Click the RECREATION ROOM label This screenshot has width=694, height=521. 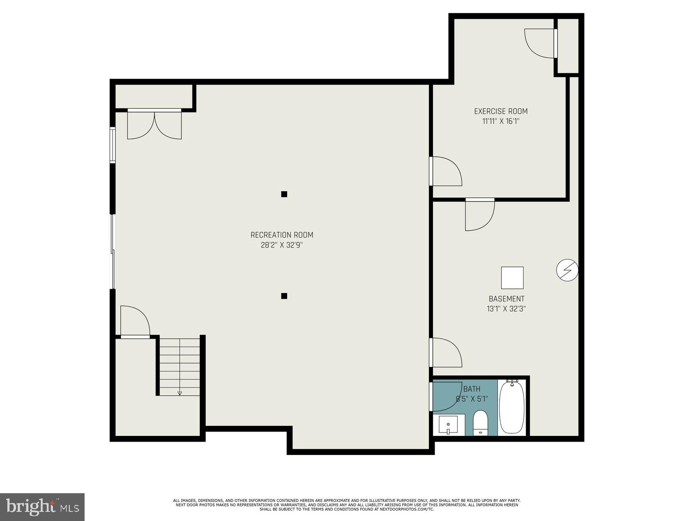pos(282,235)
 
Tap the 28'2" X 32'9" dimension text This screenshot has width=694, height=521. pos(282,245)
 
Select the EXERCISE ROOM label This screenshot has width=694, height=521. pos(501,111)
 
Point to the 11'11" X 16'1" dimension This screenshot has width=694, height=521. pos(501,122)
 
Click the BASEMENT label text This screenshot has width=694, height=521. pos(506,299)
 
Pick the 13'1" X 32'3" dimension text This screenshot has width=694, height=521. pos(506,309)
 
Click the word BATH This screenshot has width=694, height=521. pos(471,389)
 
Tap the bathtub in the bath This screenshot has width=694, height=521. pos(512,407)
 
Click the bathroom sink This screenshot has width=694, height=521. pos(448,425)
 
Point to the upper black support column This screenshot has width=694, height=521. pos(284,194)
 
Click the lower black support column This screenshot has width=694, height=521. pos(284,296)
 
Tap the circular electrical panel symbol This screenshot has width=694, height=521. pos(567,270)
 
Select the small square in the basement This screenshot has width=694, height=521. pos(512,278)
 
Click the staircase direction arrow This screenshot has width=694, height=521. pos(180,393)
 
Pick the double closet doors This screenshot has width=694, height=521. pos(154,125)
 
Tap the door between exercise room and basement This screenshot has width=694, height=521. pos(479,215)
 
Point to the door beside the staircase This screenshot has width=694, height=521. pos(135,322)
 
